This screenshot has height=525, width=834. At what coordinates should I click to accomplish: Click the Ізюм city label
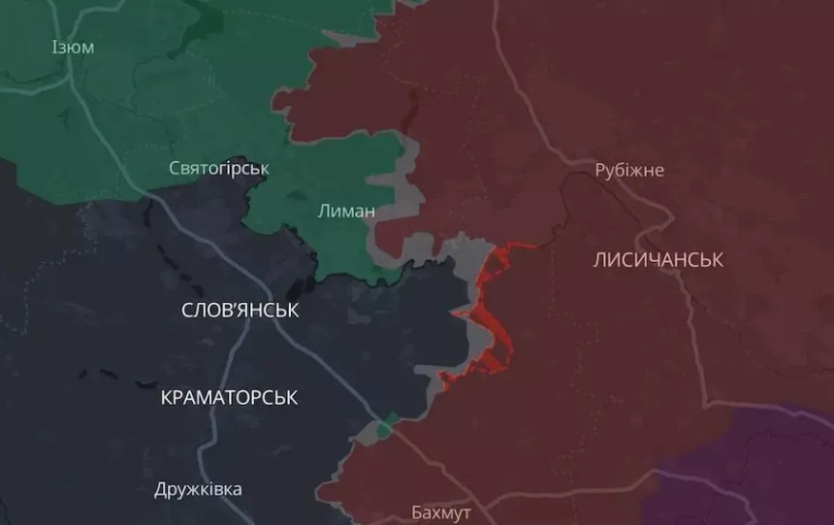[73, 47]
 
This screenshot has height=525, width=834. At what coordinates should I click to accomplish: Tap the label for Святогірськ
[219, 169]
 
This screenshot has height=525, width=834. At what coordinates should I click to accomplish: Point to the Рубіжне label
[629, 171]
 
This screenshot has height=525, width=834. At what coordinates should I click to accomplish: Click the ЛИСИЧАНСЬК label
[658, 260]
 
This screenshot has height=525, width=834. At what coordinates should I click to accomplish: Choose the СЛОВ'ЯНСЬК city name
[241, 311]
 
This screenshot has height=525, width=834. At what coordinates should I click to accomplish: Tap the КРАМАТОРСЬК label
[229, 398]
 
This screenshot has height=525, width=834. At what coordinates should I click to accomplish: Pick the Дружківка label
[198, 489]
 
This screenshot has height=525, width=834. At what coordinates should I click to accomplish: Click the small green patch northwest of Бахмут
[387, 425]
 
